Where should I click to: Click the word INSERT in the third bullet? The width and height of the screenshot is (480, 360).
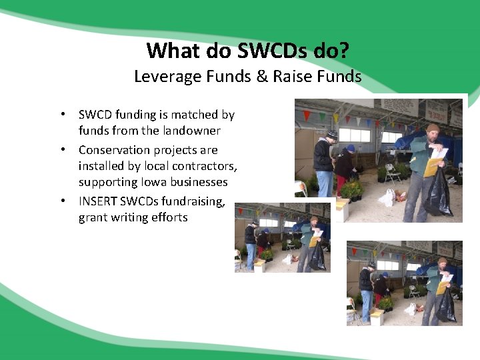[99, 201]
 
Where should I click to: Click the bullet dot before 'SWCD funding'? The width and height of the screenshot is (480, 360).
[61, 114]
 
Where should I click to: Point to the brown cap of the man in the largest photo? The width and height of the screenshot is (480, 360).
[433, 128]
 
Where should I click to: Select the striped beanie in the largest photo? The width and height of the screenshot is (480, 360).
[332, 135]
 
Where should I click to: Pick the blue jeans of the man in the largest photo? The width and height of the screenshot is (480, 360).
[325, 183]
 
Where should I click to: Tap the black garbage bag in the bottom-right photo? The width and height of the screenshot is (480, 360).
[446, 307]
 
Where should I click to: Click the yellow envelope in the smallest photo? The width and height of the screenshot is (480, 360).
[312, 241]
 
